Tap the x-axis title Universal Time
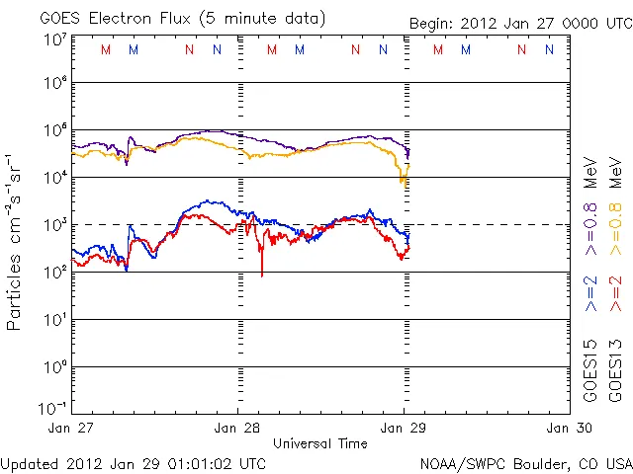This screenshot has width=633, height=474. pos(320,443)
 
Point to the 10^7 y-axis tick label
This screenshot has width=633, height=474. pos(54,39)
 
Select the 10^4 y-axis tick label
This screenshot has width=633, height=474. pos(54,178)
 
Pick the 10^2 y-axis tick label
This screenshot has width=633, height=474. pos(54,273)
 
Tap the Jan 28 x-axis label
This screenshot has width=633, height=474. pos(238,428)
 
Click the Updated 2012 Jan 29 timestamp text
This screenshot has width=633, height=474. pos(133,463)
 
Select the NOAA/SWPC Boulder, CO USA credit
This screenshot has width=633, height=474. pos(524,463)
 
